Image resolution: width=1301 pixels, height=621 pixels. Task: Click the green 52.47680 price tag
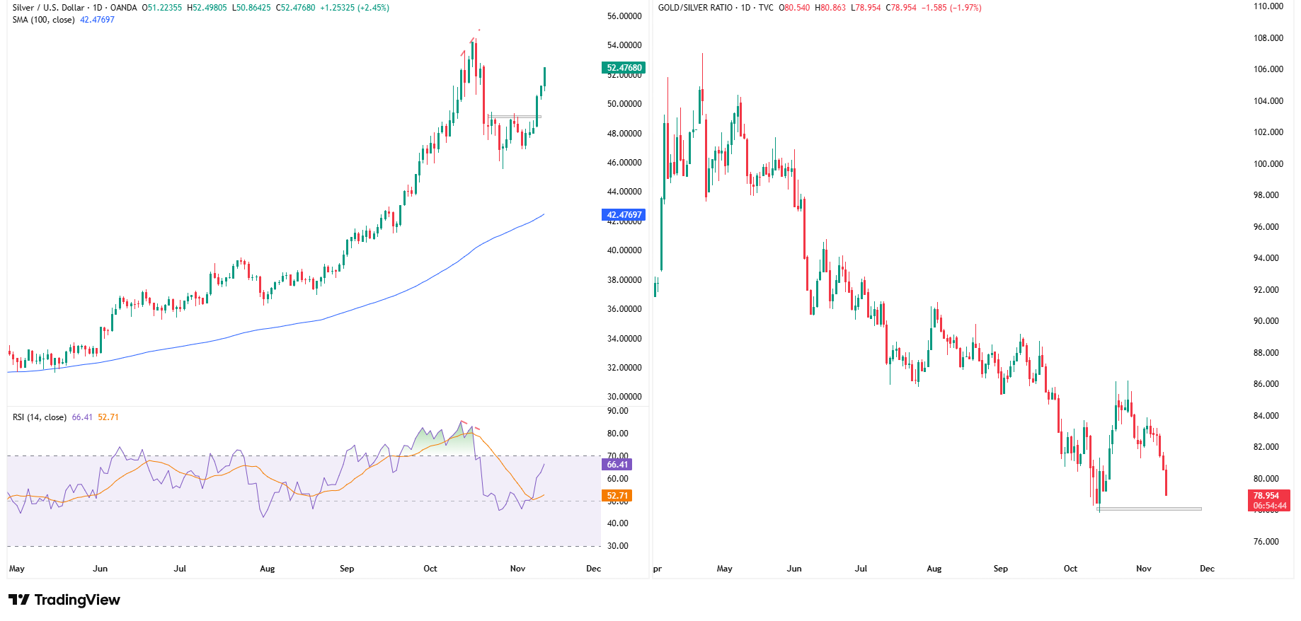[624, 68]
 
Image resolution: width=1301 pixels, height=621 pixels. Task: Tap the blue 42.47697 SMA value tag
[624, 214]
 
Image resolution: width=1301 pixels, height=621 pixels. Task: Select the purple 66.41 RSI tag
[617, 464]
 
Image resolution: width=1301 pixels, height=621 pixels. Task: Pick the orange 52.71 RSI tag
[617, 496]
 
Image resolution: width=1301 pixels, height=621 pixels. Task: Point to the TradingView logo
[64, 600]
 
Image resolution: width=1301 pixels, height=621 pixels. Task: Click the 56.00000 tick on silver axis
[624, 16]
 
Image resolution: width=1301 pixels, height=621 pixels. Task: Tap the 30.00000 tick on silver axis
[624, 397]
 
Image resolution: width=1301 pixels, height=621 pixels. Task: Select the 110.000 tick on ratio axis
[1268, 6]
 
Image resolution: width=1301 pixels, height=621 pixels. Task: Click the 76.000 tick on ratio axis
[1266, 542]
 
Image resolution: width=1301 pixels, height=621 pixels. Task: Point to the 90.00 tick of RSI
[617, 411]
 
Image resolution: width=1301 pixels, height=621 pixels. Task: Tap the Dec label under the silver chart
[593, 569]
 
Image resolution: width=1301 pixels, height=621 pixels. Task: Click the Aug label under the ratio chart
[934, 569]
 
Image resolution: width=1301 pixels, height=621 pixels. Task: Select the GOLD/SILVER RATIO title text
[695, 8]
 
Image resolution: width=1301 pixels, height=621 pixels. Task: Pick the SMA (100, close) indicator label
[43, 20]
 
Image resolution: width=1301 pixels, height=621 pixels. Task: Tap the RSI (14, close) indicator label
[40, 417]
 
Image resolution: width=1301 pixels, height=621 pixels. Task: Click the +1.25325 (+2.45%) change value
[354, 8]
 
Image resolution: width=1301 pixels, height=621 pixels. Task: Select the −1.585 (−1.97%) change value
[951, 8]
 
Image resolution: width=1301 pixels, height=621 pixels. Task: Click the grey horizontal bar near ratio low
[1149, 509]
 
